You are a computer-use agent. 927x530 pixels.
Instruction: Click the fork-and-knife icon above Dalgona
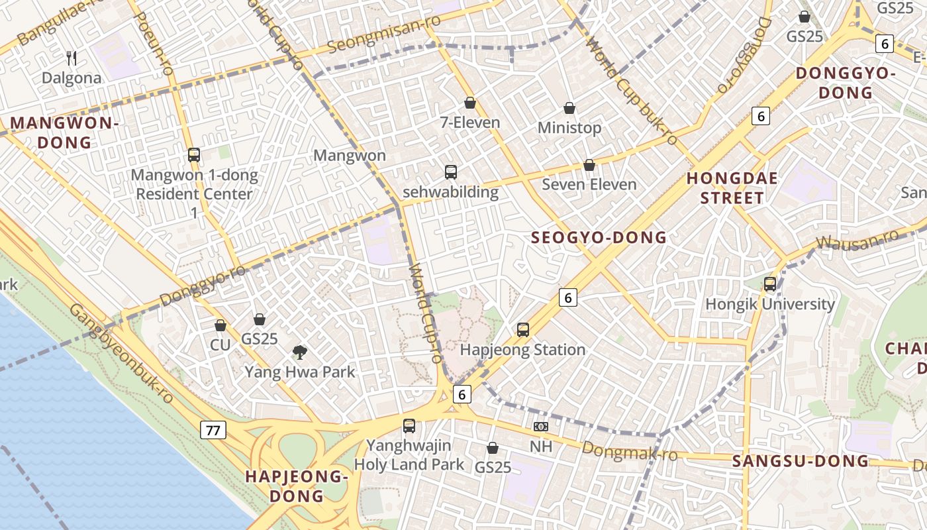[72, 58]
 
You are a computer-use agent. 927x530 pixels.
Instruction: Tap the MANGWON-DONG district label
[64, 132]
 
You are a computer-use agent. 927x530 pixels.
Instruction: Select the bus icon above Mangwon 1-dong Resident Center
[194, 155]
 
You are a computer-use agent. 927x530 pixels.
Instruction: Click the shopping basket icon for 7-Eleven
[470, 103]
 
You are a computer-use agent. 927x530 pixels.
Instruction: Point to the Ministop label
[569, 128]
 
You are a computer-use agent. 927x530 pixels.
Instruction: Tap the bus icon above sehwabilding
[451, 172]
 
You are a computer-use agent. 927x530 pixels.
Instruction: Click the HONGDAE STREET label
[732, 188]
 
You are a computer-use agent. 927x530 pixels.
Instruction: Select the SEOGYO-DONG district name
[599, 238]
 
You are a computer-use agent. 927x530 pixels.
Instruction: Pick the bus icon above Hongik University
[770, 284]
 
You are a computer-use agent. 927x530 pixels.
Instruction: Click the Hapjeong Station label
[522, 350]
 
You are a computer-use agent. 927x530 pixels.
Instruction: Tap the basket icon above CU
[220, 326]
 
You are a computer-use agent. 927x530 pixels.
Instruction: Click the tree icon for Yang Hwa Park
[300, 352]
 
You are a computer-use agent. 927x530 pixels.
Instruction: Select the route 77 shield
[213, 430]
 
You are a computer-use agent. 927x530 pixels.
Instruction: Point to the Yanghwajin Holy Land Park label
[409, 455]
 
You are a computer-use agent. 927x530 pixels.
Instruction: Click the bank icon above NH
[541, 427]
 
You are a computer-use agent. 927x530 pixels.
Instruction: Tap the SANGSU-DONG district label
[800, 461]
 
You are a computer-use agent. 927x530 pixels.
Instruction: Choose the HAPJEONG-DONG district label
[296, 486]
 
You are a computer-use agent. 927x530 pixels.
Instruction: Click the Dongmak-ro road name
[630, 451]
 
